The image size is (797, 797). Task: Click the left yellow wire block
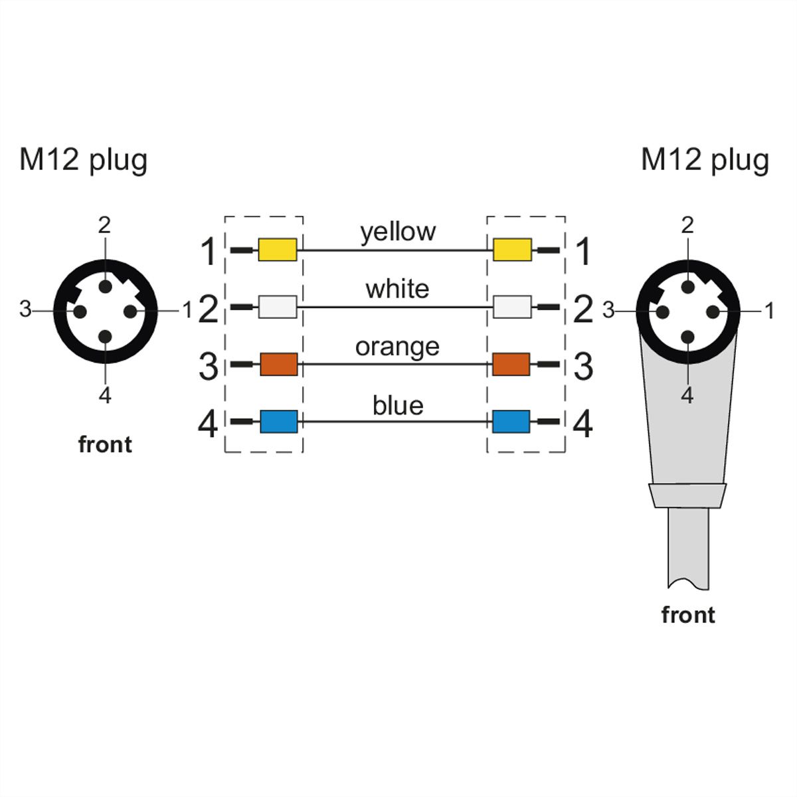click(278, 250)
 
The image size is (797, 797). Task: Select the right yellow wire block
click(513, 250)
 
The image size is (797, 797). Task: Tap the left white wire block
click(278, 307)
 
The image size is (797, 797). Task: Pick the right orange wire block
click(511, 365)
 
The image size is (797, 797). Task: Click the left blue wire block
click(279, 422)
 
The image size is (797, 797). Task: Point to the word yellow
click(398, 232)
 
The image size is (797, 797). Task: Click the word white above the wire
click(397, 290)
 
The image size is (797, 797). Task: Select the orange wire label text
click(397, 348)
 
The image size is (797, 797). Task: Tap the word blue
click(398, 405)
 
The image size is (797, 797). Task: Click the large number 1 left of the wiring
click(209, 252)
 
